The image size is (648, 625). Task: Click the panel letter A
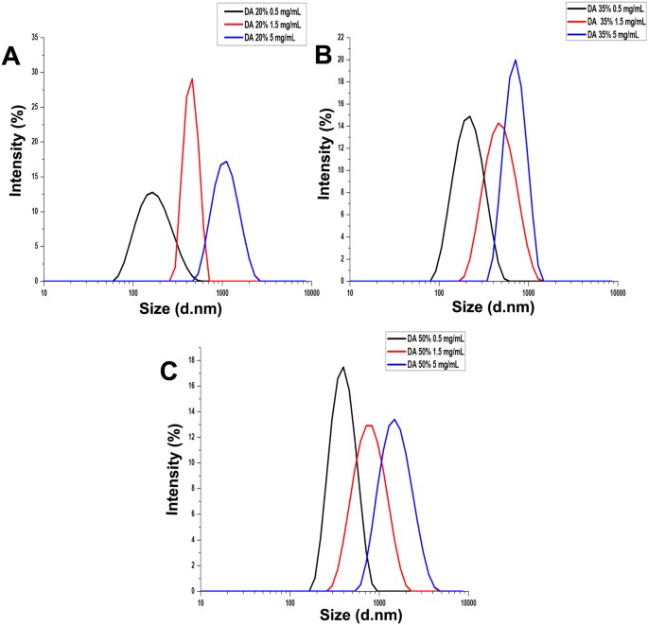point(11,58)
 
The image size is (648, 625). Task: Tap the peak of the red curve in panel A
point(192,78)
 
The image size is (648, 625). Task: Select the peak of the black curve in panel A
point(151,192)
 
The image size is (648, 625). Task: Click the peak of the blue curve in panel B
point(516,60)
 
